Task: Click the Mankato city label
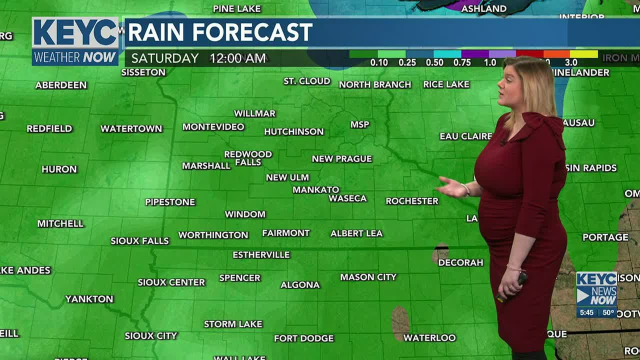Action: tap(316, 190)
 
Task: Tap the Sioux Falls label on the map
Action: tap(140, 241)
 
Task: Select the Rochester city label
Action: tap(412, 201)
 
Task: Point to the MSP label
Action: tap(360, 124)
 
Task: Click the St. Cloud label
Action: tap(307, 81)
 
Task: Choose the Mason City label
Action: tap(368, 277)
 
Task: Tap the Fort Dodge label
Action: tap(304, 338)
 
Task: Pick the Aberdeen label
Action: tap(61, 85)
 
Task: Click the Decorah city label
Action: tap(461, 262)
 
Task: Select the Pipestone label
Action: tap(170, 202)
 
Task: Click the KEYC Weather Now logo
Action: tap(75, 41)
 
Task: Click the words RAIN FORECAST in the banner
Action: tap(220, 33)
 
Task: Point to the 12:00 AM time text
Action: tap(238, 58)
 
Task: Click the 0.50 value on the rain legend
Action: tap(434, 62)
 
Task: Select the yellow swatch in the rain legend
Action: tap(584, 54)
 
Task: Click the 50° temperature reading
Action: tap(608, 313)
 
